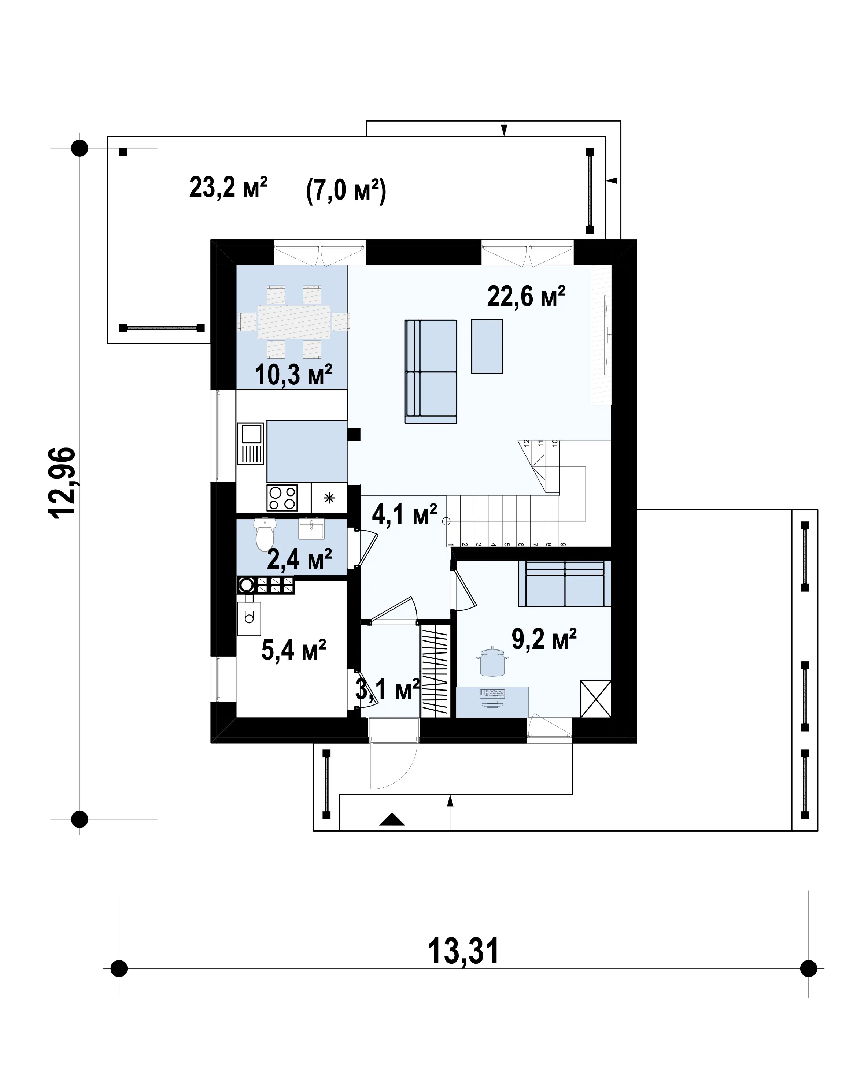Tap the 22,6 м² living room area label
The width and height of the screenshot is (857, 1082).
[x=526, y=296]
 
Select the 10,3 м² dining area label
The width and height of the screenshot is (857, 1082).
[x=293, y=375]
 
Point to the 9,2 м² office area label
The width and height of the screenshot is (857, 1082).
[x=544, y=639]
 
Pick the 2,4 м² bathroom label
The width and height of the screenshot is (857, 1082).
[x=299, y=559]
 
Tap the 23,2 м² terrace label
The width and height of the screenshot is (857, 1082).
[x=228, y=187]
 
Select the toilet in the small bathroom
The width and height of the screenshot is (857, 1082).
[x=265, y=534]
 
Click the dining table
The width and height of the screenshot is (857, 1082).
[x=293, y=322]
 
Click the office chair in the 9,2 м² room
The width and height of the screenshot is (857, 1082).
[x=492, y=662]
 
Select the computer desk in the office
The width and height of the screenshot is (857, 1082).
[x=492, y=702]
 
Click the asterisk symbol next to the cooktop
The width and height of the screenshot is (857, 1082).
[x=329, y=498]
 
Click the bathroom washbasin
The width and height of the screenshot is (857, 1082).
[x=311, y=528]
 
